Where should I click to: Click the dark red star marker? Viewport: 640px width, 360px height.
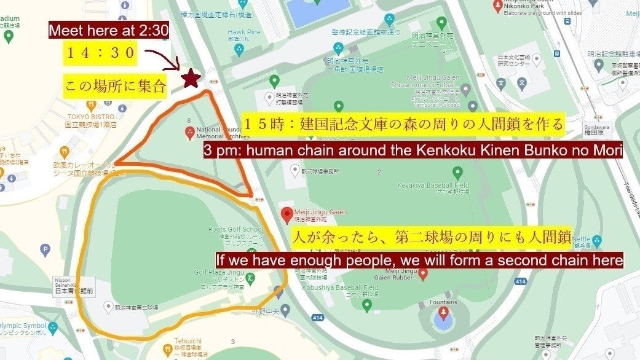191,79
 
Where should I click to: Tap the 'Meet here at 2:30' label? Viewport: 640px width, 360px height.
109,31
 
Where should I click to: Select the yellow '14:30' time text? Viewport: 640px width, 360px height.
100,53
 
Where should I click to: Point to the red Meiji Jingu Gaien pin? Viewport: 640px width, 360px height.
286,215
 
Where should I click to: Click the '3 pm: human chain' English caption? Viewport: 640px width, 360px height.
413,151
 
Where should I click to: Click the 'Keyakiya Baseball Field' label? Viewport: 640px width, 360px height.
441,185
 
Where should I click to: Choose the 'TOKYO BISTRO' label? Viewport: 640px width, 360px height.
92,117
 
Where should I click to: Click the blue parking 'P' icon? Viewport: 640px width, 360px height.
44,250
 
